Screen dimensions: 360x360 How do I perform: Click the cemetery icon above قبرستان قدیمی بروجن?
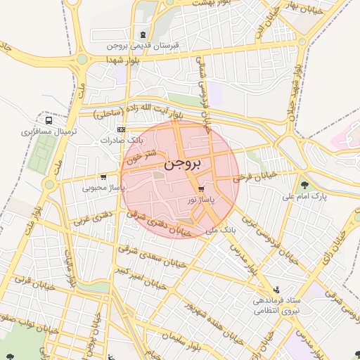click(144, 34)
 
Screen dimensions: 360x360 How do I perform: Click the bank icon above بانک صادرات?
click(121, 129)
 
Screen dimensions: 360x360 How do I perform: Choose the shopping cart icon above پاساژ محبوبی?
click(104, 177)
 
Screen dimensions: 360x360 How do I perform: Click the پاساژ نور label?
click(201, 200)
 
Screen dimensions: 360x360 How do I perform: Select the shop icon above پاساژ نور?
click(202, 190)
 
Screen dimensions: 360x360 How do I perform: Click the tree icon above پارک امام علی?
click(304, 186)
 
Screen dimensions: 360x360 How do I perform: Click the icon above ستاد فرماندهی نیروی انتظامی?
click(276, 289)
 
